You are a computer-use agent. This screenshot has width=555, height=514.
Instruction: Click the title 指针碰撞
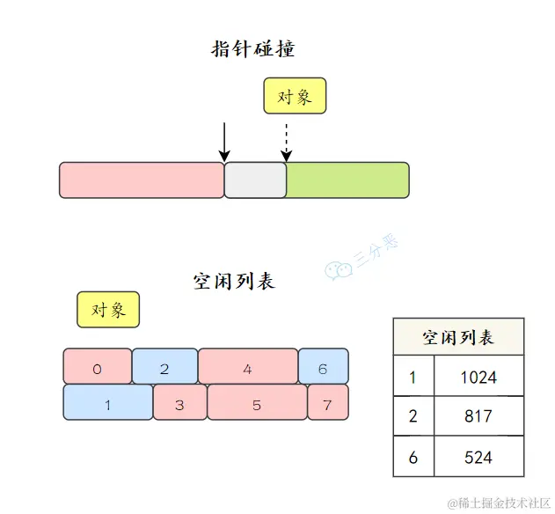click(253, 48)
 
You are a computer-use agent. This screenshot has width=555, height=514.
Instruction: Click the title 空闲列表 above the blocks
click(234, 282)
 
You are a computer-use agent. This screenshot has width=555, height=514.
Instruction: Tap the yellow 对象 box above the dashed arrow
click(295, 96)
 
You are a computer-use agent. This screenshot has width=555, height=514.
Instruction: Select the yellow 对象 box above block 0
click(108, 310)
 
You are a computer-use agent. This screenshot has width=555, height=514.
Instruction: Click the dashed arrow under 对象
click(286, 143)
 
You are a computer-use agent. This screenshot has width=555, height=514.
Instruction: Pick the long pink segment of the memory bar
click(142, 180)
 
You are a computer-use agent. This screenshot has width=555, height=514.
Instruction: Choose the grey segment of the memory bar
click(255, 180)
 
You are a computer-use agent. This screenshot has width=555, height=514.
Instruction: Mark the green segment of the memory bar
click(347, 180)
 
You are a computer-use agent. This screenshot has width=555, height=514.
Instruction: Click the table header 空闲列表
click(458, 337)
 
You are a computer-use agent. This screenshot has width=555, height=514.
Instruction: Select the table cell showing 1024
click(478, 378)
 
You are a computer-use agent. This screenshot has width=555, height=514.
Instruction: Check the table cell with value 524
click(478, 457)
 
